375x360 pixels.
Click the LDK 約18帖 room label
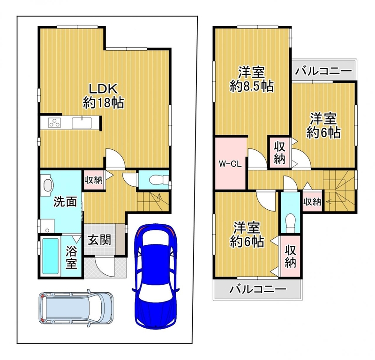[x=103, y=96]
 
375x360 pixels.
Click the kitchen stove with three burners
[x=54, y=123]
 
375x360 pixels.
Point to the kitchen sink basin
[x=82, y=123]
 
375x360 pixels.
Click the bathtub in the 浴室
[x=50, y=257]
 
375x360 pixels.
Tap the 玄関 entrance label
[x=99, y=240]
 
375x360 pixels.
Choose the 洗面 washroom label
[x=65, y=202]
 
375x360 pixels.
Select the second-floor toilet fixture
[x=290, y=222]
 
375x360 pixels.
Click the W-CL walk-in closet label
[x=230, y=164]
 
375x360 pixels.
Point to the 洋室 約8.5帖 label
[x=252, y=79]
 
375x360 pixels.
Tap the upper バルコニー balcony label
[x=323, y=71]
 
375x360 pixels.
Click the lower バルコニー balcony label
[x=258, y=289]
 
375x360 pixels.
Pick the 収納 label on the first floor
[x=94, y=180]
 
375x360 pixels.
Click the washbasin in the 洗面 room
[x=48, y=185]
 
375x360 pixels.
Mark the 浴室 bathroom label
[x=71, y=257]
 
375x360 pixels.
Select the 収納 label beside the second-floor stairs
[x=312, y=202]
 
